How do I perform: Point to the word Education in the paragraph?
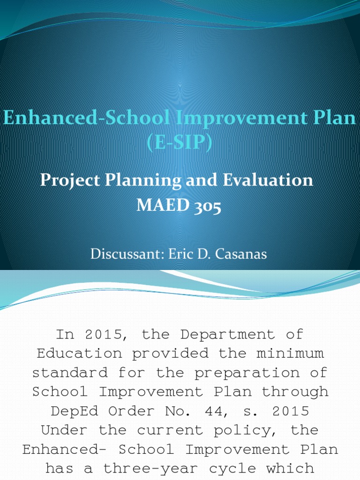pos(80,354)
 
